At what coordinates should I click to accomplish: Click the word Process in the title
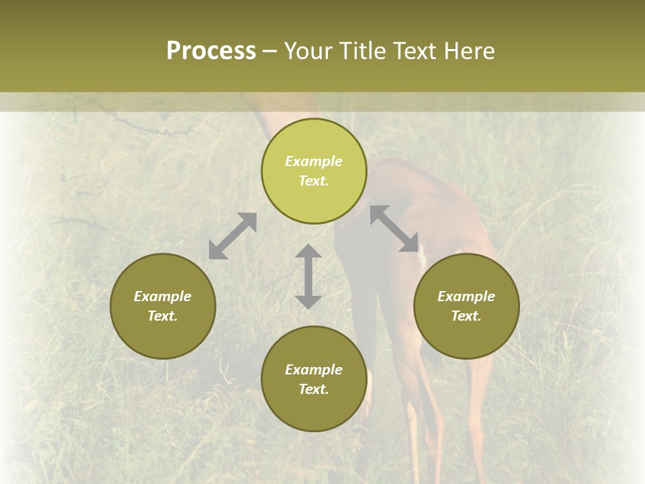click(x=211, y=51)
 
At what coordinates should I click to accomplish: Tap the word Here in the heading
click(x=468, y=51)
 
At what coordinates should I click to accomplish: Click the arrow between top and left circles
click(x=232, y=236)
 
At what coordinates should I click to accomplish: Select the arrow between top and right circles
click(x=394, y=229)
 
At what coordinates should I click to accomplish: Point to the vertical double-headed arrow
click(x=308, y=277)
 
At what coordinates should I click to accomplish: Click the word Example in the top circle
click(x=314, y=161)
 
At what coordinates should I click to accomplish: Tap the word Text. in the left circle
click(x=163, y=316)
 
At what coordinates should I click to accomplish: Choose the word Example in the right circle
click(x=466, y=296)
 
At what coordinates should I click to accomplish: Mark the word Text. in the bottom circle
click(x=314, y=389)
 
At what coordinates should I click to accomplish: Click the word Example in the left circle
click(x=163, y=296)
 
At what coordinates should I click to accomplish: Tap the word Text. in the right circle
click(x=466, y=316)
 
